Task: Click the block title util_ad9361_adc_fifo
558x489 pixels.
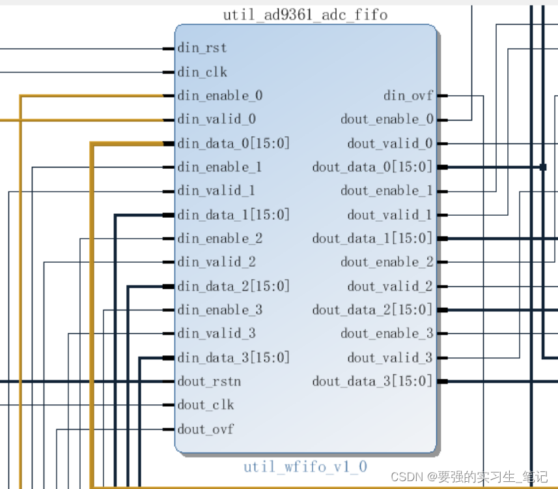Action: [x=305, y=14]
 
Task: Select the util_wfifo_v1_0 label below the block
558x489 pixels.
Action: [x=305, y=467]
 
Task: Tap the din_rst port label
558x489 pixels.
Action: [x=202, y=48]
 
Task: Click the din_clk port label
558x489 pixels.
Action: [x=202, y=72]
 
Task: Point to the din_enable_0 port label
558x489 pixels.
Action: [x=219, y=96]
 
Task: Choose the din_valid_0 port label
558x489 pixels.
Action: [x=216, y=119]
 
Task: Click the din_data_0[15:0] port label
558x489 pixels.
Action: [x=233, y=143]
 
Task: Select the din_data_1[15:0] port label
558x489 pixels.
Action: [x=233, y=215]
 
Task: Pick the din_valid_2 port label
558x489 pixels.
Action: [x=216, y=262]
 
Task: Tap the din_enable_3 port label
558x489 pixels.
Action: [x=219, y=310]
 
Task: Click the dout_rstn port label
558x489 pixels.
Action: [x=209, y=381]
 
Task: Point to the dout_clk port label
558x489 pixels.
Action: [x=205, y=405]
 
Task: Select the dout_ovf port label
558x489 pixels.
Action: [x=205, y=429]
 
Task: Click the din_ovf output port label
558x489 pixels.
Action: [x=408, y=96]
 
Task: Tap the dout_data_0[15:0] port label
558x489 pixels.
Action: [x=372, y=168]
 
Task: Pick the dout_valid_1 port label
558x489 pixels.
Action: [x=389, y=215]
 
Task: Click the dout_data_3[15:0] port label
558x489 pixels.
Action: [x=372, y=381]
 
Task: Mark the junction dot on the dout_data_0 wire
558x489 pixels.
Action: [x=542, y=168]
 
